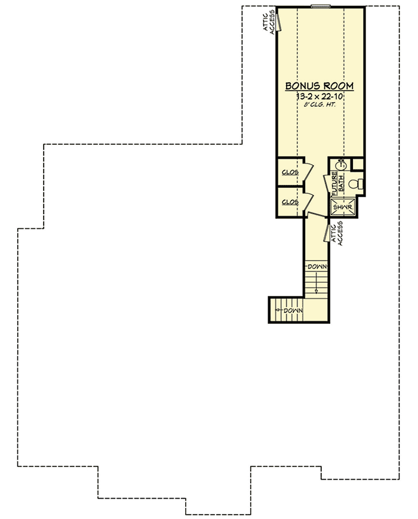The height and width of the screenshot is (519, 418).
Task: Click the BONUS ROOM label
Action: (319, 86)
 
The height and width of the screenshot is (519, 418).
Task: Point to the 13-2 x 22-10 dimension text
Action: (319, 96)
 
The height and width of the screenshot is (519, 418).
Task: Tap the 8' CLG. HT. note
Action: (319, 104)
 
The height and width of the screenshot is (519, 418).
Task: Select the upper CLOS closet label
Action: (290, 172)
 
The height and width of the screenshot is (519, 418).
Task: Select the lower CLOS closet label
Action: (290, 202)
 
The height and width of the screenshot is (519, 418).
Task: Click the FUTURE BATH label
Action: (337, 183)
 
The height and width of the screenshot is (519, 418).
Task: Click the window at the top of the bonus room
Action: (321, 7)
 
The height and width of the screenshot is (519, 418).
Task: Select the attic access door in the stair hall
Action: (328, 232)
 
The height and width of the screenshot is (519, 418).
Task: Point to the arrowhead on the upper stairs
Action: (316, 291)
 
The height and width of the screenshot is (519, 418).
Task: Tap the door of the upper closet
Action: (308, 170)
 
